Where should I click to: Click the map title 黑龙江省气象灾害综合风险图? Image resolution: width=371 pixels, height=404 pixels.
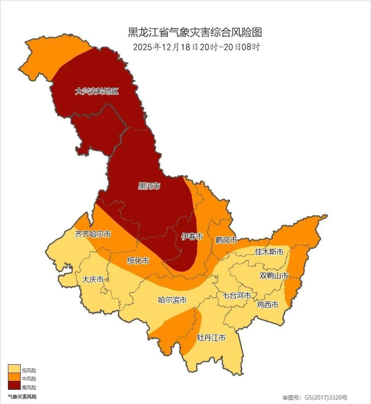195,32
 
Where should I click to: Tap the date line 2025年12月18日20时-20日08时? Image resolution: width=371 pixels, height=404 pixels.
196,47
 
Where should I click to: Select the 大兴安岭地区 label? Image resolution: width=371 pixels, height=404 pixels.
97,91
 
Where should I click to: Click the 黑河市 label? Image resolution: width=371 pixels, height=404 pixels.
149,186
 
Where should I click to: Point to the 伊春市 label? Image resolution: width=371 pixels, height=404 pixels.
192,237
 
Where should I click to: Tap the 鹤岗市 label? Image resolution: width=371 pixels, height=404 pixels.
226,240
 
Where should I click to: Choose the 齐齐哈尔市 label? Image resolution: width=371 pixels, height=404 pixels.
93,234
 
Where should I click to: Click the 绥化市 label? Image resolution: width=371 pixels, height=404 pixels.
138,261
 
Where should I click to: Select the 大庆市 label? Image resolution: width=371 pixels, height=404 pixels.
93,279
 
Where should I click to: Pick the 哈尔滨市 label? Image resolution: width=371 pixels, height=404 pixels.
172,300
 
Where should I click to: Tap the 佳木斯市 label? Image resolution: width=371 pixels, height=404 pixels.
269,252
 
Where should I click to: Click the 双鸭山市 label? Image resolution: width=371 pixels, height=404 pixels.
274,275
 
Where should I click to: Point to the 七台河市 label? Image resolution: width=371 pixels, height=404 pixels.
236,296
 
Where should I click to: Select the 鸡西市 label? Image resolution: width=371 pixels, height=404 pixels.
267,305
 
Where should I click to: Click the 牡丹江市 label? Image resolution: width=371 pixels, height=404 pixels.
211,338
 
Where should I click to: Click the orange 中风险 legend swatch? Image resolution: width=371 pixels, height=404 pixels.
14,377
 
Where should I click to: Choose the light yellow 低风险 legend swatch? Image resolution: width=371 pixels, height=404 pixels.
14,369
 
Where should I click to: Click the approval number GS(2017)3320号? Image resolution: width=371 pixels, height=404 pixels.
315,397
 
